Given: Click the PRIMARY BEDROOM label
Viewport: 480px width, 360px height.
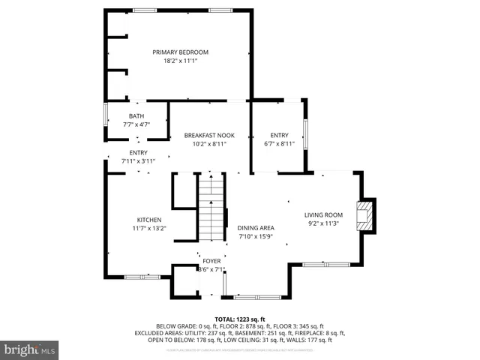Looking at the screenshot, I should (180, 52).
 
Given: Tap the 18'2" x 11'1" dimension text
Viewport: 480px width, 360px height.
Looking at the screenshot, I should (180, 61).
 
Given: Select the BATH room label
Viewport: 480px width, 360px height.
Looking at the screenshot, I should (136, 115).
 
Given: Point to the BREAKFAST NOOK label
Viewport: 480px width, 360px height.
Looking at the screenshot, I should (209, 135).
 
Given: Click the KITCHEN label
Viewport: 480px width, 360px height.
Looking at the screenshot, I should (148, 220).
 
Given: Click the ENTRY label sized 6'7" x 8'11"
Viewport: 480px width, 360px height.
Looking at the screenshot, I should (279, 135).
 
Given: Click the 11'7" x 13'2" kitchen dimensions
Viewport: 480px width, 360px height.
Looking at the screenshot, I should (148, 229).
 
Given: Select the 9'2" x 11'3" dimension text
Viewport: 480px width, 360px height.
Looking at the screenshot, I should (323, 223).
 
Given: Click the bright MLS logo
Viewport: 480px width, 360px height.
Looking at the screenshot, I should (30, 349).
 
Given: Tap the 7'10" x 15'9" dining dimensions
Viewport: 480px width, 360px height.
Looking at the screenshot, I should (256, 237).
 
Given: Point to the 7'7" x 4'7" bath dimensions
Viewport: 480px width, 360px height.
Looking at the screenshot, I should (136, 124).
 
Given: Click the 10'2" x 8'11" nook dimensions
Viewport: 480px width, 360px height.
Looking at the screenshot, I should (209, 144).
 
